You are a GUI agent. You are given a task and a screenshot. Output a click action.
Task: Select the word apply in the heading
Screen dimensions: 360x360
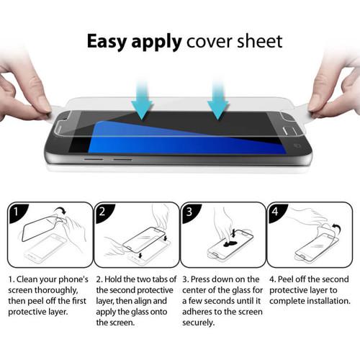157,41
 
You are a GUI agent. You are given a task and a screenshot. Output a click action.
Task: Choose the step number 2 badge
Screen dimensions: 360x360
105,214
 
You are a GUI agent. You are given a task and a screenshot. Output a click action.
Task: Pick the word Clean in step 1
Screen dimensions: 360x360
33,278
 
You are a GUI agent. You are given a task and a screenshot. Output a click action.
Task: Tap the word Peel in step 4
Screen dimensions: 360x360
297,278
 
